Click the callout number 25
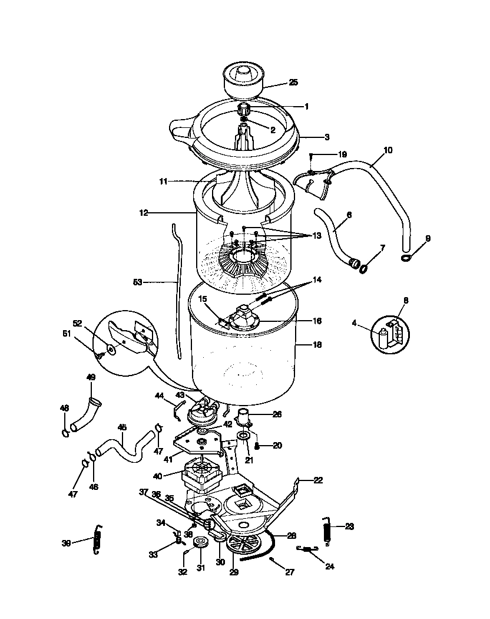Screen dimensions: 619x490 (293, 83)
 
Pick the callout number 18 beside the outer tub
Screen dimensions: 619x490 (317, 344)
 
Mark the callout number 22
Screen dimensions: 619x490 (318, 480)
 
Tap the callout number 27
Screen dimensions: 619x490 (289, 572)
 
